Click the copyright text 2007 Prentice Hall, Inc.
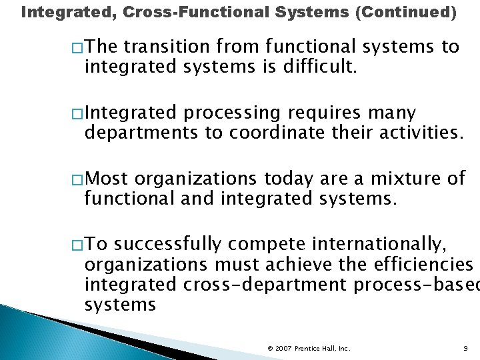click(x=309, y=348)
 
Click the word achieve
click(x=299, y=265)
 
